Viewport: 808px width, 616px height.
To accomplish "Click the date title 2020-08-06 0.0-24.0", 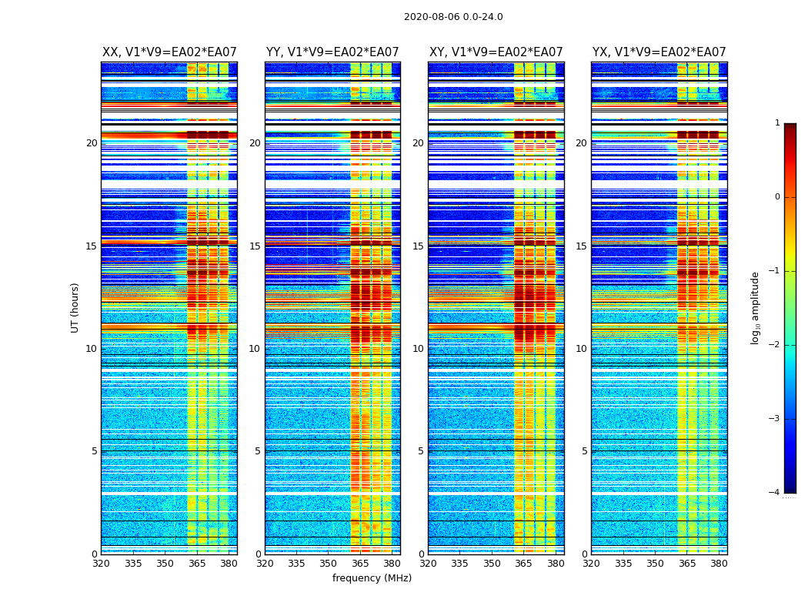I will (x=453, y=17).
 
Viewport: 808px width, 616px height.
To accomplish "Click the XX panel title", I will (x=169, y=52).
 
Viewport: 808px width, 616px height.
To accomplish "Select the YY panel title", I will (x=332, y=52).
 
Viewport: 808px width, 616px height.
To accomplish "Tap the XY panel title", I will (x=496, y=52).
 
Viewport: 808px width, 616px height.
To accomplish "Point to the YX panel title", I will (x=659, y=52).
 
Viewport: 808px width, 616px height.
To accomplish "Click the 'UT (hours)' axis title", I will (x=75, y=307).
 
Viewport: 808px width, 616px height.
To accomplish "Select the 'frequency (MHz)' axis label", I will (x=372, y=578).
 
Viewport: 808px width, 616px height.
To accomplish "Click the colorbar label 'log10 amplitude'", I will (x=755, y=307).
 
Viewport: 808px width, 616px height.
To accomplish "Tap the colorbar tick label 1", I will (x=776, y=123).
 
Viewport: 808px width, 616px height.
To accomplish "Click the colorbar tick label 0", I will (x=776, y=197).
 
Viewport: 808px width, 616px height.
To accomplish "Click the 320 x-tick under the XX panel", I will (x=102, y=564).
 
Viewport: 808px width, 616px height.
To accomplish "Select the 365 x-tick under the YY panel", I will (x=360, y=564).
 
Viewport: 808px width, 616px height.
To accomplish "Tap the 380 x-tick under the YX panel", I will (x=719, y=564).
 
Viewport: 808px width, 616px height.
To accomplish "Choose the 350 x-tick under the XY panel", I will (x=492, y=564).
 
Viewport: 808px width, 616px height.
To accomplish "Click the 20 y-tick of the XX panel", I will (x=92, y=143).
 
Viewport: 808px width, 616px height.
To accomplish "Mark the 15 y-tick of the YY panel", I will (x=255, y=246).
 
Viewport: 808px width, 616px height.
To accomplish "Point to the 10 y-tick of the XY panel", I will (x=418, y=349).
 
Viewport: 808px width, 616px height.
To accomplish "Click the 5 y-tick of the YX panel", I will (x=584, y=451).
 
